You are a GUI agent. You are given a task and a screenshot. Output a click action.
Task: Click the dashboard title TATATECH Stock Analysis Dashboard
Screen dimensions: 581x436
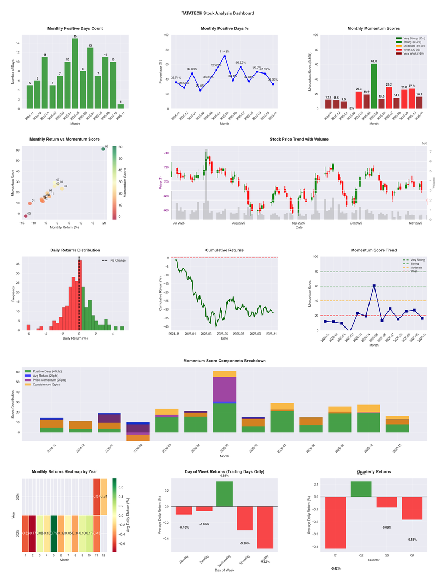[218, 13]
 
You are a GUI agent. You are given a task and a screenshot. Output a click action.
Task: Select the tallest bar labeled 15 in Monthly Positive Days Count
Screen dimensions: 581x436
[75, 73]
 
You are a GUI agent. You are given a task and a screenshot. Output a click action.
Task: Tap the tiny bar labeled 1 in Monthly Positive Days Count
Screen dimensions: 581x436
[120, 106]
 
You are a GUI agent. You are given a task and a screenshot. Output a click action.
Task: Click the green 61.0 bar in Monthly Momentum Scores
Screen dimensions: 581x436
[374, 86]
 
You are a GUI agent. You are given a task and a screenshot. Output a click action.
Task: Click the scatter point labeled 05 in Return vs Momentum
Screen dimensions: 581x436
[103, 149]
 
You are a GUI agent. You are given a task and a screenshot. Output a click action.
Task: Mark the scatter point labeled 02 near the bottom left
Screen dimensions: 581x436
[25, 216]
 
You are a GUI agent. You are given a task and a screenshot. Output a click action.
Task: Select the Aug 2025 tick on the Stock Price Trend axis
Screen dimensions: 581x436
[238, 223]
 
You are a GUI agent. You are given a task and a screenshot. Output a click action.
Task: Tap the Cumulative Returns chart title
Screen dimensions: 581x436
[224, 250]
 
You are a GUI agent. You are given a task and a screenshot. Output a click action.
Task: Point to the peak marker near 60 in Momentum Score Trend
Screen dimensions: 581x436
[374, 285]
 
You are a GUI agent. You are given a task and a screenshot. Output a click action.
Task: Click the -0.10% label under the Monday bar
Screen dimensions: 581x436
[184, 527]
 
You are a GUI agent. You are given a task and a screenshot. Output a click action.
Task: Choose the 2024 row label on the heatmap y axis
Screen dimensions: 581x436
[18, 497]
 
